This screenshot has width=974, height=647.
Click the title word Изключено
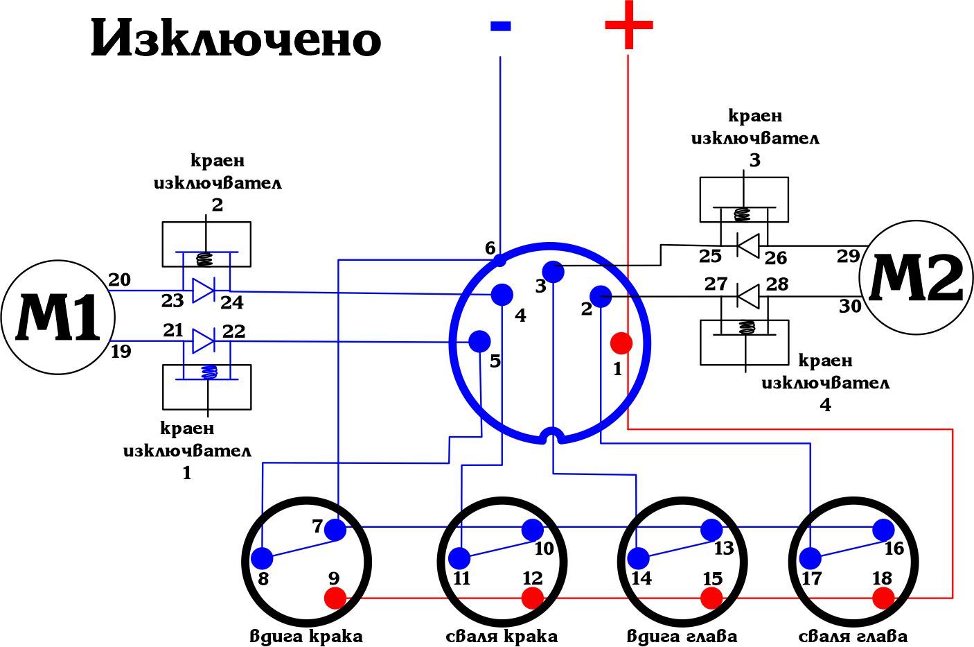(236, 40)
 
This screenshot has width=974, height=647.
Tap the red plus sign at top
(628, 25)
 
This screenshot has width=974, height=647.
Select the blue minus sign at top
(500, 26)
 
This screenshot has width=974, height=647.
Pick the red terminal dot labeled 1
(621, 343)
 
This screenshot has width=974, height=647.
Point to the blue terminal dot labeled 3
(554, 271)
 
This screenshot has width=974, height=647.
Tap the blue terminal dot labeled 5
(479, 341)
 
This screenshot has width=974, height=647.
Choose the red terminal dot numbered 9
(335, 597)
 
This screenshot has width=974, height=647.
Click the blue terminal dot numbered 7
(335, 530)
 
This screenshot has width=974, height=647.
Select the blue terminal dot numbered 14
(638, 558)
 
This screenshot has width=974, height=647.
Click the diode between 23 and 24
(203, 290)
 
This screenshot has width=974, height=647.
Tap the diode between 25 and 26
(747, 245)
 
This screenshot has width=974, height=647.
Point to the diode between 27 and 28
(747, 297)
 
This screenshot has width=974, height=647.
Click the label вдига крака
(306, 636)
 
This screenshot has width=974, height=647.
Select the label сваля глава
(853, 636)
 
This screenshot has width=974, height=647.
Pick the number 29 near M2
(848, 256)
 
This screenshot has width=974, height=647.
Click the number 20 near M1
(119, 279)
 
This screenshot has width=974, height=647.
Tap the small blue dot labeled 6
(500, 261)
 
